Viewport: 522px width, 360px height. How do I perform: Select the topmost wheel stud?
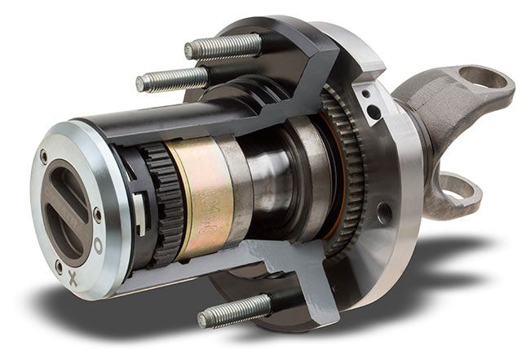click(x=223, y=47)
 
